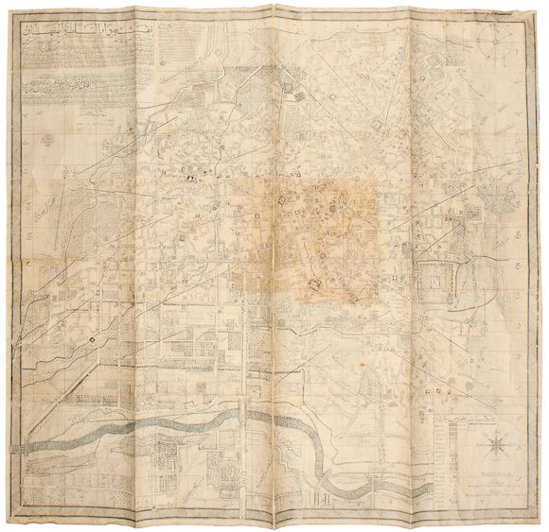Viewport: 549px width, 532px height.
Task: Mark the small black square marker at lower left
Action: tap(92, 338)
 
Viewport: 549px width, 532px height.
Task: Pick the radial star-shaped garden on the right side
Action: tap(493, 204)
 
